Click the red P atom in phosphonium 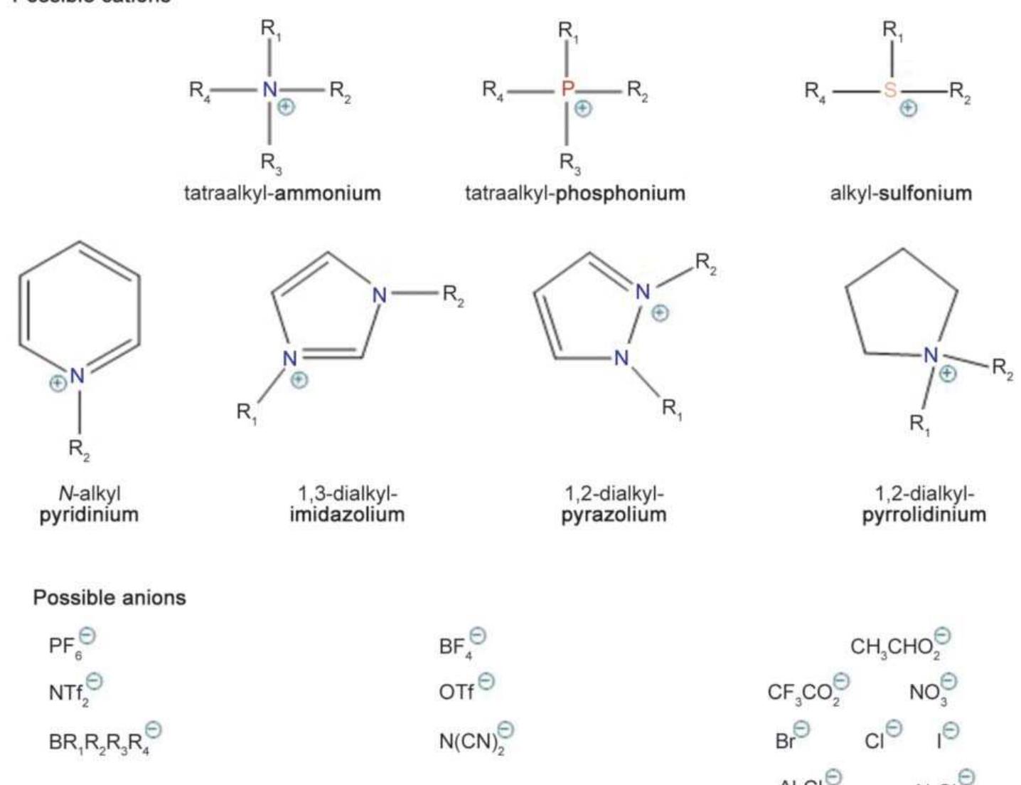pos(567,90)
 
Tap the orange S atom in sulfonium pos(890,90)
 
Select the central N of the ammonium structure pos(269,90)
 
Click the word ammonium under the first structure pos(328,193)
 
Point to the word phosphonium pos(620,193)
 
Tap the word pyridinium pos(89,515)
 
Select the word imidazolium pos(347,515)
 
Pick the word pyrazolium pos(614,515)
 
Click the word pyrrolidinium pos(924,515)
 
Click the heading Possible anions pos(109,597)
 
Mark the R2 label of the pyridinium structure pos(79,449)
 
